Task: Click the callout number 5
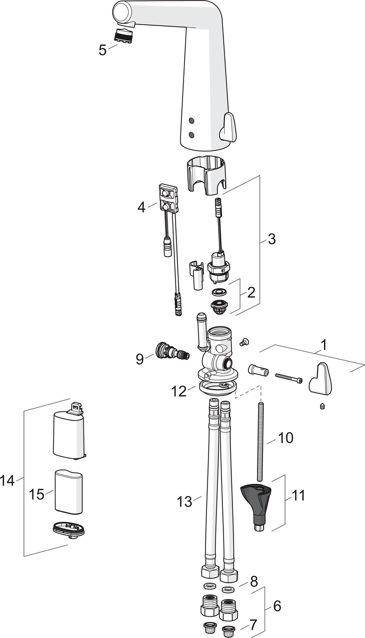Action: tap(103, 51)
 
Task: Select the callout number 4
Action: tap(141, 207)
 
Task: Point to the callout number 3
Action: tap(271, 239)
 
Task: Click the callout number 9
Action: tap(139, 359)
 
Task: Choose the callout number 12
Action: tap(179, 391)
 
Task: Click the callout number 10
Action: tap(286, 438)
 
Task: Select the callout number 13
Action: tap(184, 501)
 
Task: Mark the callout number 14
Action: tap(7, 481)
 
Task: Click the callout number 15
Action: tap(37, 494)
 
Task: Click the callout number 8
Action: tap(254, 580)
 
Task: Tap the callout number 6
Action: tap(277, 606)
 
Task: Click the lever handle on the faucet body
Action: tap(228, 128)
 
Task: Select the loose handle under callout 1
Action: tap(321, 379)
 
